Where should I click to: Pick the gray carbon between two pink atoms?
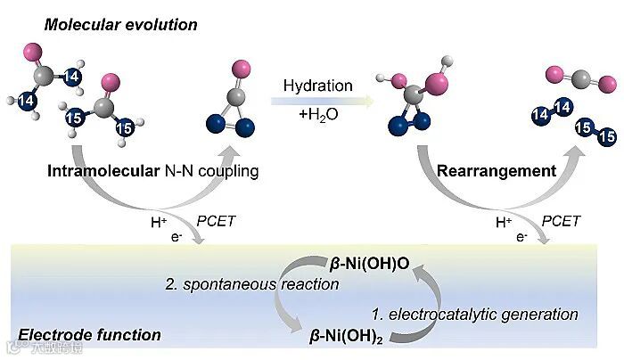[x=579, y=77]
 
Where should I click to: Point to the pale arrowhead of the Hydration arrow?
[x=368, y=102]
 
